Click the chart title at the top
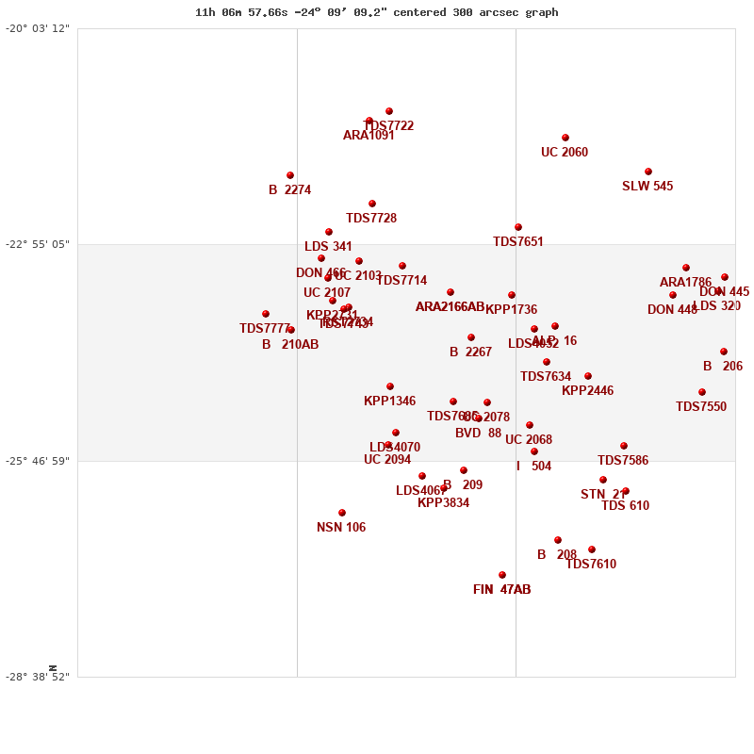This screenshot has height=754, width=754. point(376,12)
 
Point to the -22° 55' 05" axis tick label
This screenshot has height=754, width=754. point(38,244)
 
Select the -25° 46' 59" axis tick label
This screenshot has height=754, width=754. point(38,461)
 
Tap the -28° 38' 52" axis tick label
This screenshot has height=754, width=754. point(38,677)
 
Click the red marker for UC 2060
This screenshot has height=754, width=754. point(565,138)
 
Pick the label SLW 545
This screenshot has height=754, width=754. point(647,187)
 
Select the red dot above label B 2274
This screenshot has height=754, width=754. point(290,175)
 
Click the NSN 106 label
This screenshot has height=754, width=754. point(341,528)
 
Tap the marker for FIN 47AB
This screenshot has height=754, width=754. point(502,575)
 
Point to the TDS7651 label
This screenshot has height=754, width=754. point(518,242)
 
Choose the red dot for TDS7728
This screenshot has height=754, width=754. point(372,204)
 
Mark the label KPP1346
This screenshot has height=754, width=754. point(389,402)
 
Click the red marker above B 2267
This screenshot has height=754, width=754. point(471,337)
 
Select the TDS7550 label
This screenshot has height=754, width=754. point(701,407)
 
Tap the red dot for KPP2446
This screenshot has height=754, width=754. point(588,376)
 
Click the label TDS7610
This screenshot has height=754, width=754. point(591,565)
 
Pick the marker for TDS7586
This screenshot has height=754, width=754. point(624,446)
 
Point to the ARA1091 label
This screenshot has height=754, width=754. point(369,136)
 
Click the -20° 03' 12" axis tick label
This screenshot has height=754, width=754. point(38,28)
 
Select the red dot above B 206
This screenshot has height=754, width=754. point(724,352)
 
